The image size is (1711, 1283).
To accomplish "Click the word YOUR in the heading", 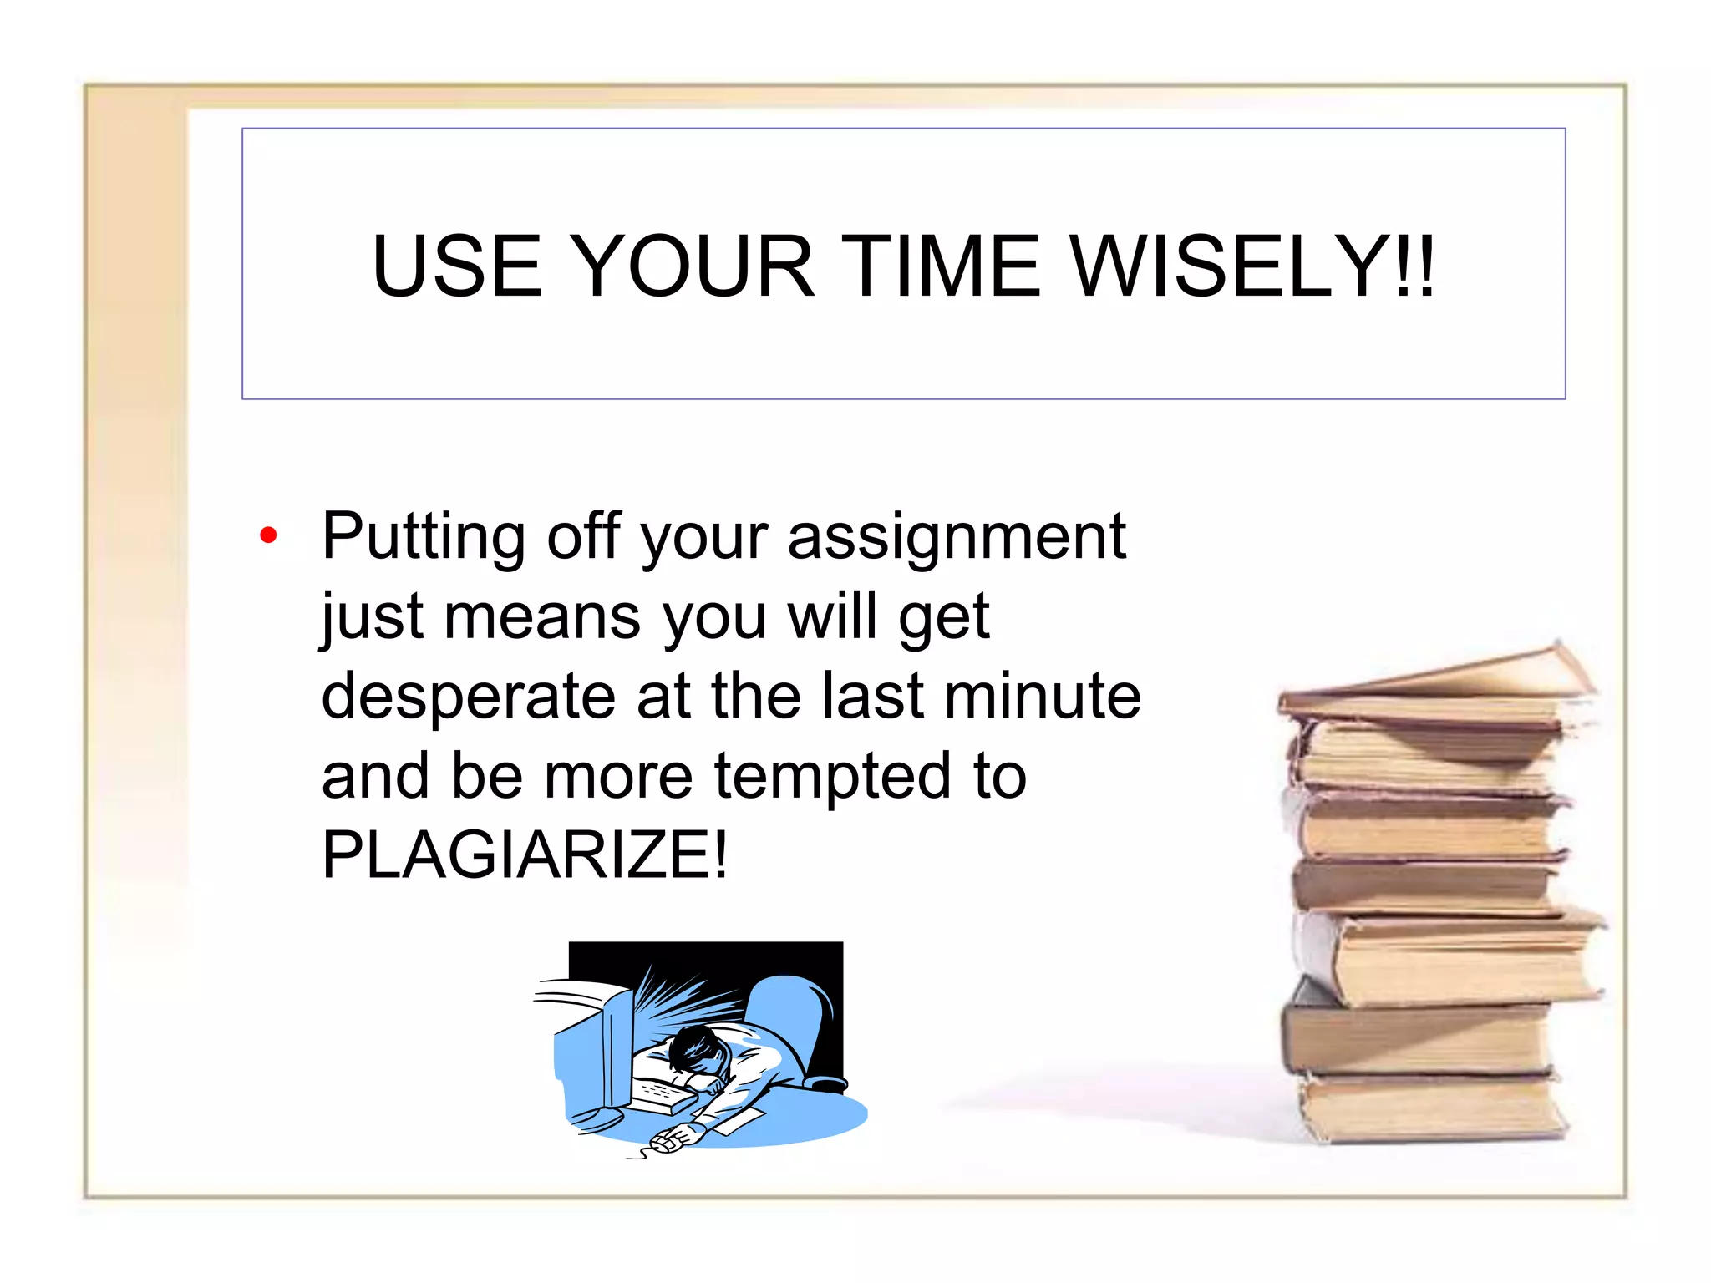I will pyautogui.click(x=694, y=266).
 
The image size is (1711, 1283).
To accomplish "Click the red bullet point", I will pyautogui.click(x=268, y=535).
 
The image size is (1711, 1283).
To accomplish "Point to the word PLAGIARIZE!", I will pyautogui.click(x=525, y=854).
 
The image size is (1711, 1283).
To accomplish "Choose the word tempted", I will pyautogui.click(x=832, y=777).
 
